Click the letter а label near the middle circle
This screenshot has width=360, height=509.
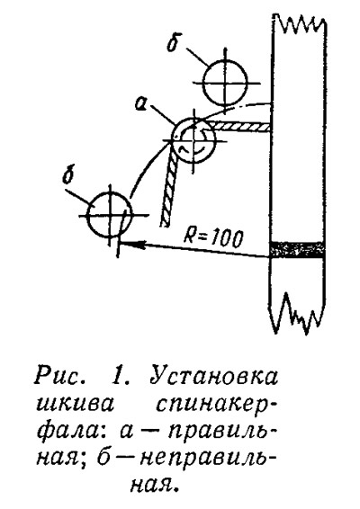pyautogui.click(x=141, y=104)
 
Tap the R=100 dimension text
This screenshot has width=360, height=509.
pyautogui.click(x=213, y=238)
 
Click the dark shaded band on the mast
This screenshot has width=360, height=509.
pyautogui.click(x=297, y=249)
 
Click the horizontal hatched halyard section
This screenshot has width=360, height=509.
pyautogui.click(x=239, y=126)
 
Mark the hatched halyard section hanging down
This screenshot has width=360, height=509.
pyautogui.click(x=169, y=188)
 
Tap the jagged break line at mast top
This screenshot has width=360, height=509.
pyautogui.click(x=300, y=22)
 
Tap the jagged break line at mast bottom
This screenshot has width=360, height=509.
pyautogui.click(x=297, y=313)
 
